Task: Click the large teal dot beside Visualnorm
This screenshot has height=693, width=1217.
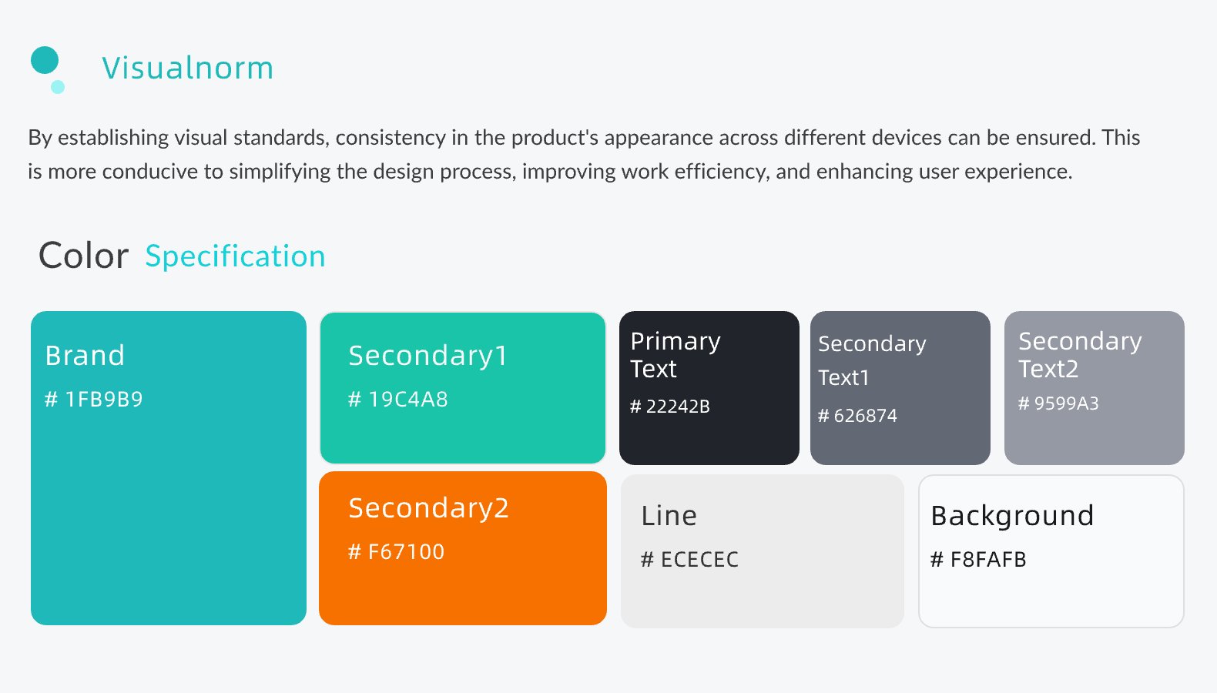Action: (x=45, y=60)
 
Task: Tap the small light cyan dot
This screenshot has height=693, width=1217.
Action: (x=58, y=87)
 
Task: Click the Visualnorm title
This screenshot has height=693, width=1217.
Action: (x=187, y=68)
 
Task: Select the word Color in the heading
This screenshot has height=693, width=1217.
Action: (x=84, y=256)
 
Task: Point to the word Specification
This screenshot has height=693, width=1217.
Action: (x=235, y=256)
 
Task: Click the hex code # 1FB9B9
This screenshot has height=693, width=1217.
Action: (x=93, y=399)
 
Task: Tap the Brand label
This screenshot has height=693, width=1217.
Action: (x=85, y=355)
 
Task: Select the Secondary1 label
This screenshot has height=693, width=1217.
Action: (x=428, y=357)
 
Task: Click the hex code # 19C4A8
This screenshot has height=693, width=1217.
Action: (x=397, y=399)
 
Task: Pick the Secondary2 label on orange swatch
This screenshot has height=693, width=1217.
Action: (x=429, y=508)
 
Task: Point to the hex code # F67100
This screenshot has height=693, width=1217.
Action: (x=396, y=552)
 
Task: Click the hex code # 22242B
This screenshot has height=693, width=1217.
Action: (x=670, y=407)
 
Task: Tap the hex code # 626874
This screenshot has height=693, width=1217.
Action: (x=857, y=416)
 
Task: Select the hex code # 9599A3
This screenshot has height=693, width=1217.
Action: (x=1058, y=403)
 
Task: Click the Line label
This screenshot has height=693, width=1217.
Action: (x=669, y=515)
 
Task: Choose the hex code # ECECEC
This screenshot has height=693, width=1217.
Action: (x=689, y=559)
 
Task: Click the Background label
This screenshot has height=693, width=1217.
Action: (x=1012, y=515)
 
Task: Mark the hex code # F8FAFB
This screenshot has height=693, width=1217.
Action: (x=978, y=559)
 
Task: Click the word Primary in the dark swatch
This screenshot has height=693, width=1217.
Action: (x=676, y=342)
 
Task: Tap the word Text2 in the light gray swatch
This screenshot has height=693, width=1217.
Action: (x=1048, y=370)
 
